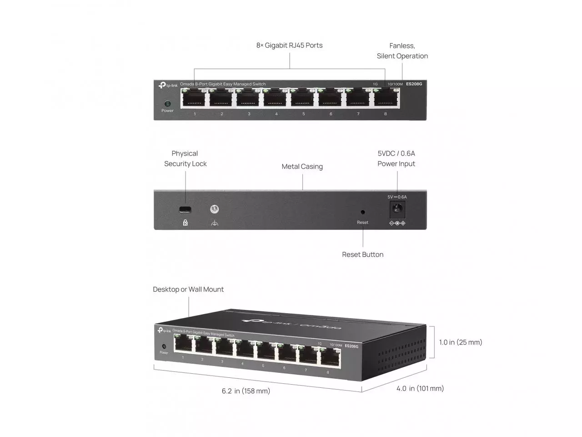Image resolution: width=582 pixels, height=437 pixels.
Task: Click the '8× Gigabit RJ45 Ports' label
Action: [289, 46]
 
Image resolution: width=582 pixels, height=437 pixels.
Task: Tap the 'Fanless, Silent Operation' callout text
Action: [402, 51]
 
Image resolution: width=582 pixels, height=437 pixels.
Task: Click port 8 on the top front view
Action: [386, 98]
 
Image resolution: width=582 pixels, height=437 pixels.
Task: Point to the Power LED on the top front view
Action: [167, 104]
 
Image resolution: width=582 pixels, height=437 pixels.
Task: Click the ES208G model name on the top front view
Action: [414, 84]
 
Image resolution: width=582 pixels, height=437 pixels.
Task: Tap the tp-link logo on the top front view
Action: [168, 85]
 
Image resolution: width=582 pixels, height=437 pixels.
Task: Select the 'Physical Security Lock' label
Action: [185, 158]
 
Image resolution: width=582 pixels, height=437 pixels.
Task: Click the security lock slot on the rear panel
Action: [185, 209]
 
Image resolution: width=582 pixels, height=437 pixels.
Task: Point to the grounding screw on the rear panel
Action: [215, 209]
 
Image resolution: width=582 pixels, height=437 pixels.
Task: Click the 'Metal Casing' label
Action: [302, 167]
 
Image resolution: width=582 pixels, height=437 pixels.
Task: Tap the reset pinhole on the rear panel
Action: [362, 212]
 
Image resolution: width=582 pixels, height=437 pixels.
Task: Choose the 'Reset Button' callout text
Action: [362, 254]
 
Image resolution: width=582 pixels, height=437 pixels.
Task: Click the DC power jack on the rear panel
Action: [397, 209]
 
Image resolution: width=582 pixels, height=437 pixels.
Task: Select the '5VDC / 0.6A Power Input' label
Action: [396, 158]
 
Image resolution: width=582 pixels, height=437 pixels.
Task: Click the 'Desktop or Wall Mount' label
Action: [188, 290]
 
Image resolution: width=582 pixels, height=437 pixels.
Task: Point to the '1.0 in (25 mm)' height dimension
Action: [460, 342]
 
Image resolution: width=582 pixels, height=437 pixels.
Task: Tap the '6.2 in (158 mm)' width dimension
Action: [246, 391]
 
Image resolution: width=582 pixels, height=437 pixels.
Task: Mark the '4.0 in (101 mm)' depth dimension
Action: [420, 388]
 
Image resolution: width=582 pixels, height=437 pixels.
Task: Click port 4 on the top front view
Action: [276, 98]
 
